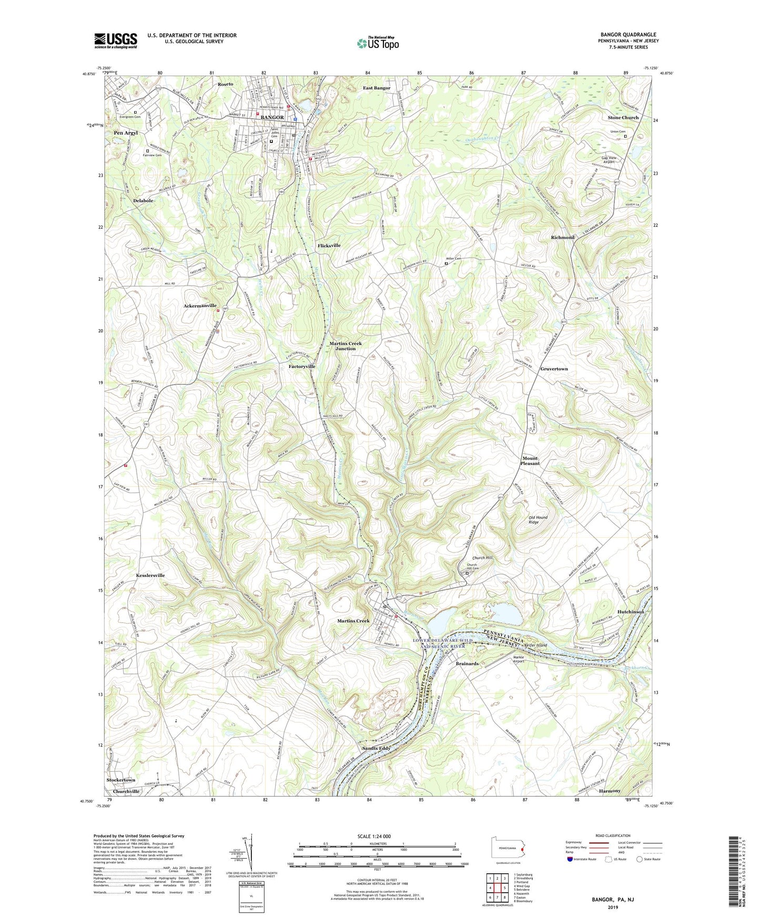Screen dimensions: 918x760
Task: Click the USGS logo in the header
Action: coord(116,40)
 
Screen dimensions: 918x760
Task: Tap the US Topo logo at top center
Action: coord(377,43)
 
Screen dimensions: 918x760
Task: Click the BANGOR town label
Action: coord(272,117)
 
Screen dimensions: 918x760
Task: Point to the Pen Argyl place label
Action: coord(126,133)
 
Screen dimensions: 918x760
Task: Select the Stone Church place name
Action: coord(623,118)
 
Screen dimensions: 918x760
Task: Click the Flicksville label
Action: coord(329,246)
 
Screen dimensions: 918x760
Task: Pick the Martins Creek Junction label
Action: coord(346,346)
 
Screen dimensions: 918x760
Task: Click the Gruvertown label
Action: coord(554,369)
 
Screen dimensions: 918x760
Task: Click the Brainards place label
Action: coord(467,664)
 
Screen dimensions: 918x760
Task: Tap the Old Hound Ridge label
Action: coord(538,519)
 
